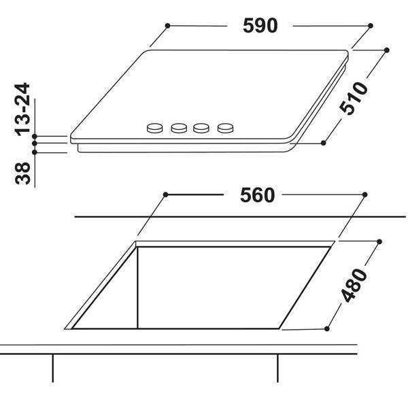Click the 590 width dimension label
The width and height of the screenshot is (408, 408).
(x=260, y=26)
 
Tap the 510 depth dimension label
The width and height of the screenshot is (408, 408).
(x=354, y=98)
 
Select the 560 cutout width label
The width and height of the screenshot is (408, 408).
(x=257, y=195)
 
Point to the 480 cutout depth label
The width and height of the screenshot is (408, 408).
(x=354, y=286)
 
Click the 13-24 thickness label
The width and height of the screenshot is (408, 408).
(x=22, y=109)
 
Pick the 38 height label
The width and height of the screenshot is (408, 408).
(x=22, y=173)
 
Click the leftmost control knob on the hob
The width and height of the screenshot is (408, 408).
(x=154, y=128)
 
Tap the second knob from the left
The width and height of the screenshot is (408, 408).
(x=179, y=128)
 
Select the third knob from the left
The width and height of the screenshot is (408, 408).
(x=201, y=128)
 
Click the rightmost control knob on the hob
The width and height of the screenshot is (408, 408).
(x=225, y=128)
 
